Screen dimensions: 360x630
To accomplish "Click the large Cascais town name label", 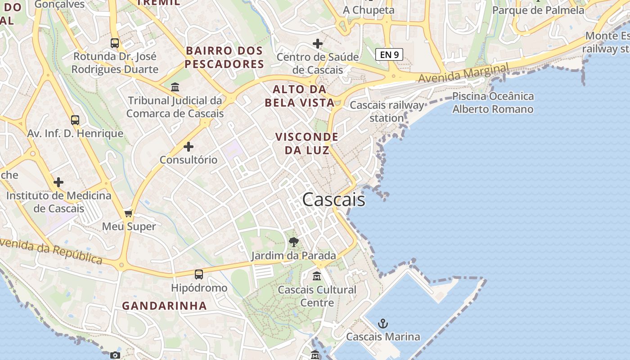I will click(333, 199).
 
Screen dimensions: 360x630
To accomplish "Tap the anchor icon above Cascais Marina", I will click(382, 324).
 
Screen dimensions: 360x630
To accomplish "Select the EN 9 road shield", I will click(389, 55).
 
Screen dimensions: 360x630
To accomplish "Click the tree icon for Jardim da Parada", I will click(294, 242).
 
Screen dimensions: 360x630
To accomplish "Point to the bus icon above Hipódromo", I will click(199, 274).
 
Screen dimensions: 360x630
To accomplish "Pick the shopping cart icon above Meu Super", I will click(129, 213).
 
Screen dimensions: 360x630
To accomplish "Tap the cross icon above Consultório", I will click(189, 147).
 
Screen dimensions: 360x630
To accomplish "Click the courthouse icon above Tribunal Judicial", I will click(175, 87).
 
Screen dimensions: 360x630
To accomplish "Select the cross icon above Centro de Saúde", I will click(318, 44).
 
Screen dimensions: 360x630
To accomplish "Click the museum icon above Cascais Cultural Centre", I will click(317, 276).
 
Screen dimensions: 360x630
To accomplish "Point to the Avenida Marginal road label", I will click(463, 73).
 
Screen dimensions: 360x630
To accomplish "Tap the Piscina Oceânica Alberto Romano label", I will click(493, 103).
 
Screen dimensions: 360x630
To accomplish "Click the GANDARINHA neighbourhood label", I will click(164, 306).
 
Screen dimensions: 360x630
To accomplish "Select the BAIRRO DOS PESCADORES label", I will click(224, 57).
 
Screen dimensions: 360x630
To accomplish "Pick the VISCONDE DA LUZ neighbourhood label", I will click(307, 143).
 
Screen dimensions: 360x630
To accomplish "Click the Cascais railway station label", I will click(387, 112).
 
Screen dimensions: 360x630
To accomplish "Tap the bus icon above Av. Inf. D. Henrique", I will click(75, 120).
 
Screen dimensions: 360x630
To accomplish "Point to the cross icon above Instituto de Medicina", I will click(58, 182).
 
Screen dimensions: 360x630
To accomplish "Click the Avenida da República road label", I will click(51, 252).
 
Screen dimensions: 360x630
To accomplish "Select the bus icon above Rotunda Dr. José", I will click(115, 43).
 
